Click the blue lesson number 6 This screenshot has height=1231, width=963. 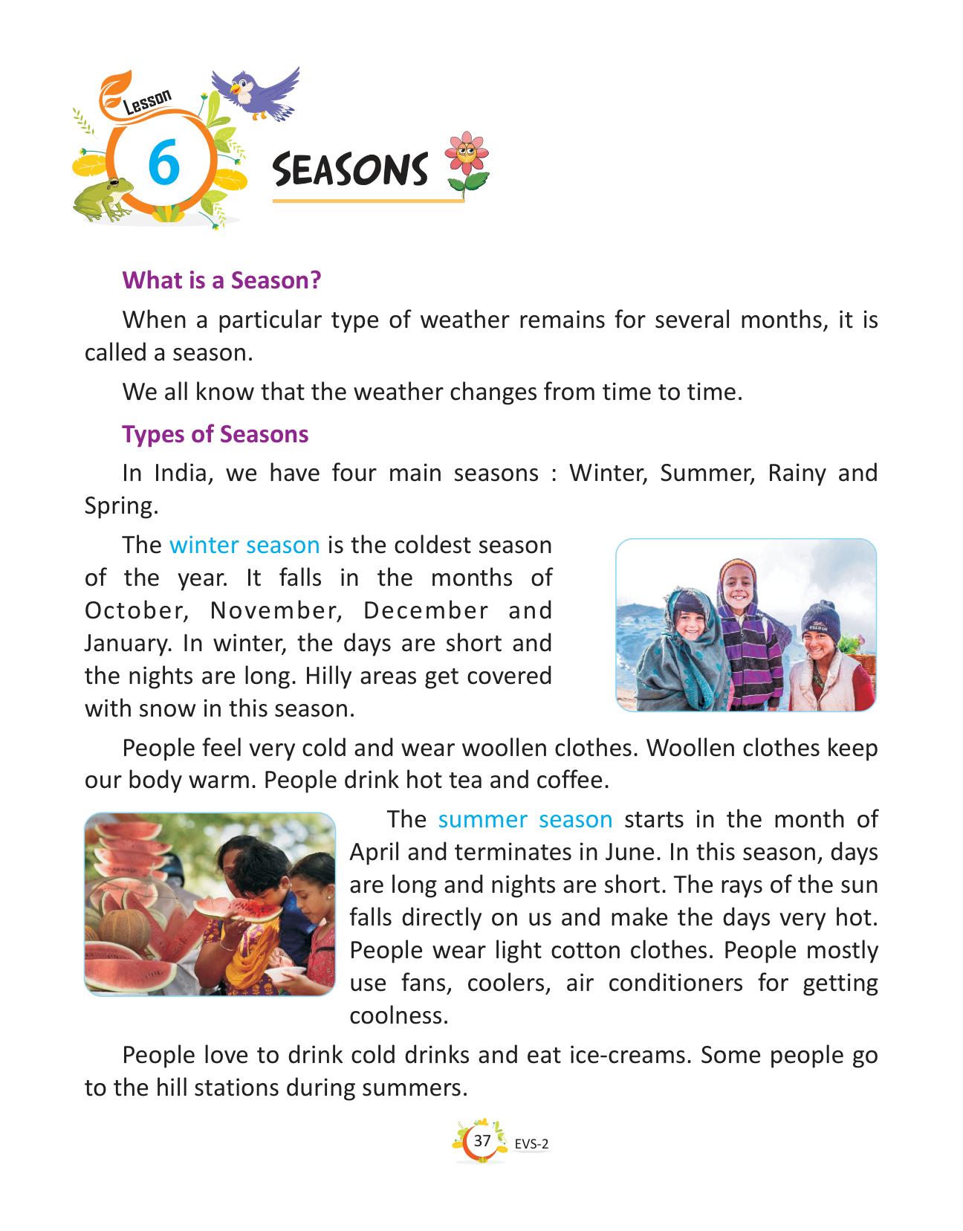(x=163, y=163)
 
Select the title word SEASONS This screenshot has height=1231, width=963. (x=350, y=169)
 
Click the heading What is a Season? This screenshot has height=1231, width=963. (x=221, y=280)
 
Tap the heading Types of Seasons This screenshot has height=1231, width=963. (x=215, y=434)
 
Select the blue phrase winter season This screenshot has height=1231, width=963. (x=244, y=545)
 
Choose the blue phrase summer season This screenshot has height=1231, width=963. (x=525, y=819)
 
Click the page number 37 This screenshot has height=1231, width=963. (x=482, y=1140)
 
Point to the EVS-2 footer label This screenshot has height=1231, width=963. (x=531, y=1144)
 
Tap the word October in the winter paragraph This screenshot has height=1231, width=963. (x=134, y=610)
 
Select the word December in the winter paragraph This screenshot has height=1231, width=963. (x=426, y=610)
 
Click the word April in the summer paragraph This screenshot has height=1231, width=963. (x=375, y=852)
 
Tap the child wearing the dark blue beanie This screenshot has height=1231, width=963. (x=823, y=654)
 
